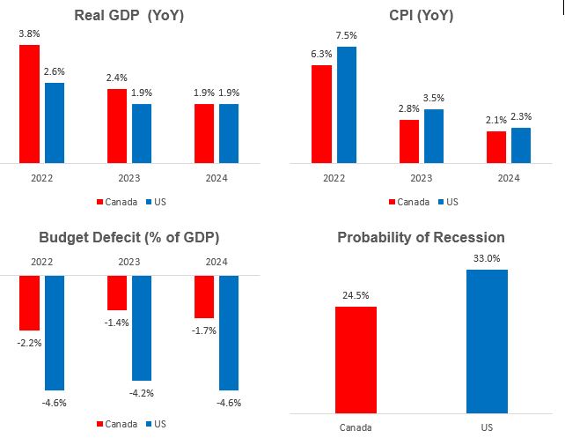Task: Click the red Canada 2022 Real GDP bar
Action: (x=29, y=104)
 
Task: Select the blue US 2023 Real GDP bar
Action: (x=142, y=133)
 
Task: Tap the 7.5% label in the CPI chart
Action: (x=347, y=36)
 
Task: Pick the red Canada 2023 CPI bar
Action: (x=409, y=141)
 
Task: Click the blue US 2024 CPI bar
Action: (x=521, y=145)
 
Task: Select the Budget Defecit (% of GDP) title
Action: (x=128, y=237)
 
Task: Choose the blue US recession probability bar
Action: (x=487, y=341)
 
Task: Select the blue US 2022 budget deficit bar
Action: (x=55, y=332)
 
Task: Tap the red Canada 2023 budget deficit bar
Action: (x=117, y=293)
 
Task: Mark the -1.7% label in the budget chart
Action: (x=204, y=330)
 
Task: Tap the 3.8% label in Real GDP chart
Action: (x=29, y=34)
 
